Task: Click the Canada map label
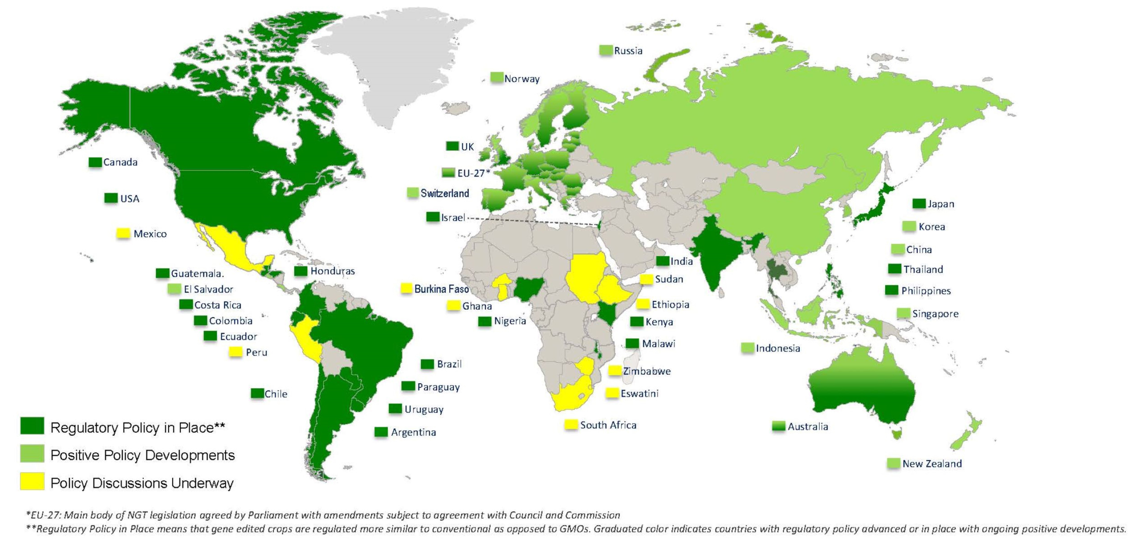pos(120,162)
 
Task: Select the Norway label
pos(522,79)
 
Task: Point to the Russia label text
pos(628,51)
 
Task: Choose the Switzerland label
pos(445,193)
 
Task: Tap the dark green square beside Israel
pos(433,217)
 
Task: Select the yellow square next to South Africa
pos(571,424)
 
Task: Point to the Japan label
pos(941,204)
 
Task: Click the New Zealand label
pos(932,464)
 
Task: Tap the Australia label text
pos(808,427)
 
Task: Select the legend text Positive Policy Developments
pos(142,455)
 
